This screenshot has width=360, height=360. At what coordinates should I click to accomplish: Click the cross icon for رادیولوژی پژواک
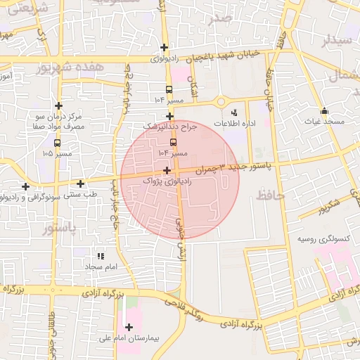point(167,170)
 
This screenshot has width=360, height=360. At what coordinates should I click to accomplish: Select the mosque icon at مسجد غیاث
point(324,111)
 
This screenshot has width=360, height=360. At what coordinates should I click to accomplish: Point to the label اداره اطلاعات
point(234,123)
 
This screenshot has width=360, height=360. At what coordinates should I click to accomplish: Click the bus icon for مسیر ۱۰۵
point(58,143)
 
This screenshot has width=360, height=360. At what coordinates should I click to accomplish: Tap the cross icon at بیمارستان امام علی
point(129,327)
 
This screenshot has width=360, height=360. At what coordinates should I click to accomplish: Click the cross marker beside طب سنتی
point(81,184)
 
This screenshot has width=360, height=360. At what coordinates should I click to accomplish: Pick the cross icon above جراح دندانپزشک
point(169,116)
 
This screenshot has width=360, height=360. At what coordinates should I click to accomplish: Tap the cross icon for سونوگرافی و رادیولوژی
point(26,186)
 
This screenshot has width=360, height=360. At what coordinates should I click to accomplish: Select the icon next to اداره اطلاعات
point(234,111)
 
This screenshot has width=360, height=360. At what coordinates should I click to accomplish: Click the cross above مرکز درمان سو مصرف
point(59,105)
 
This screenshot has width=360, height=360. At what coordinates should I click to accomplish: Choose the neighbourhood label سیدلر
point(336,40)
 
